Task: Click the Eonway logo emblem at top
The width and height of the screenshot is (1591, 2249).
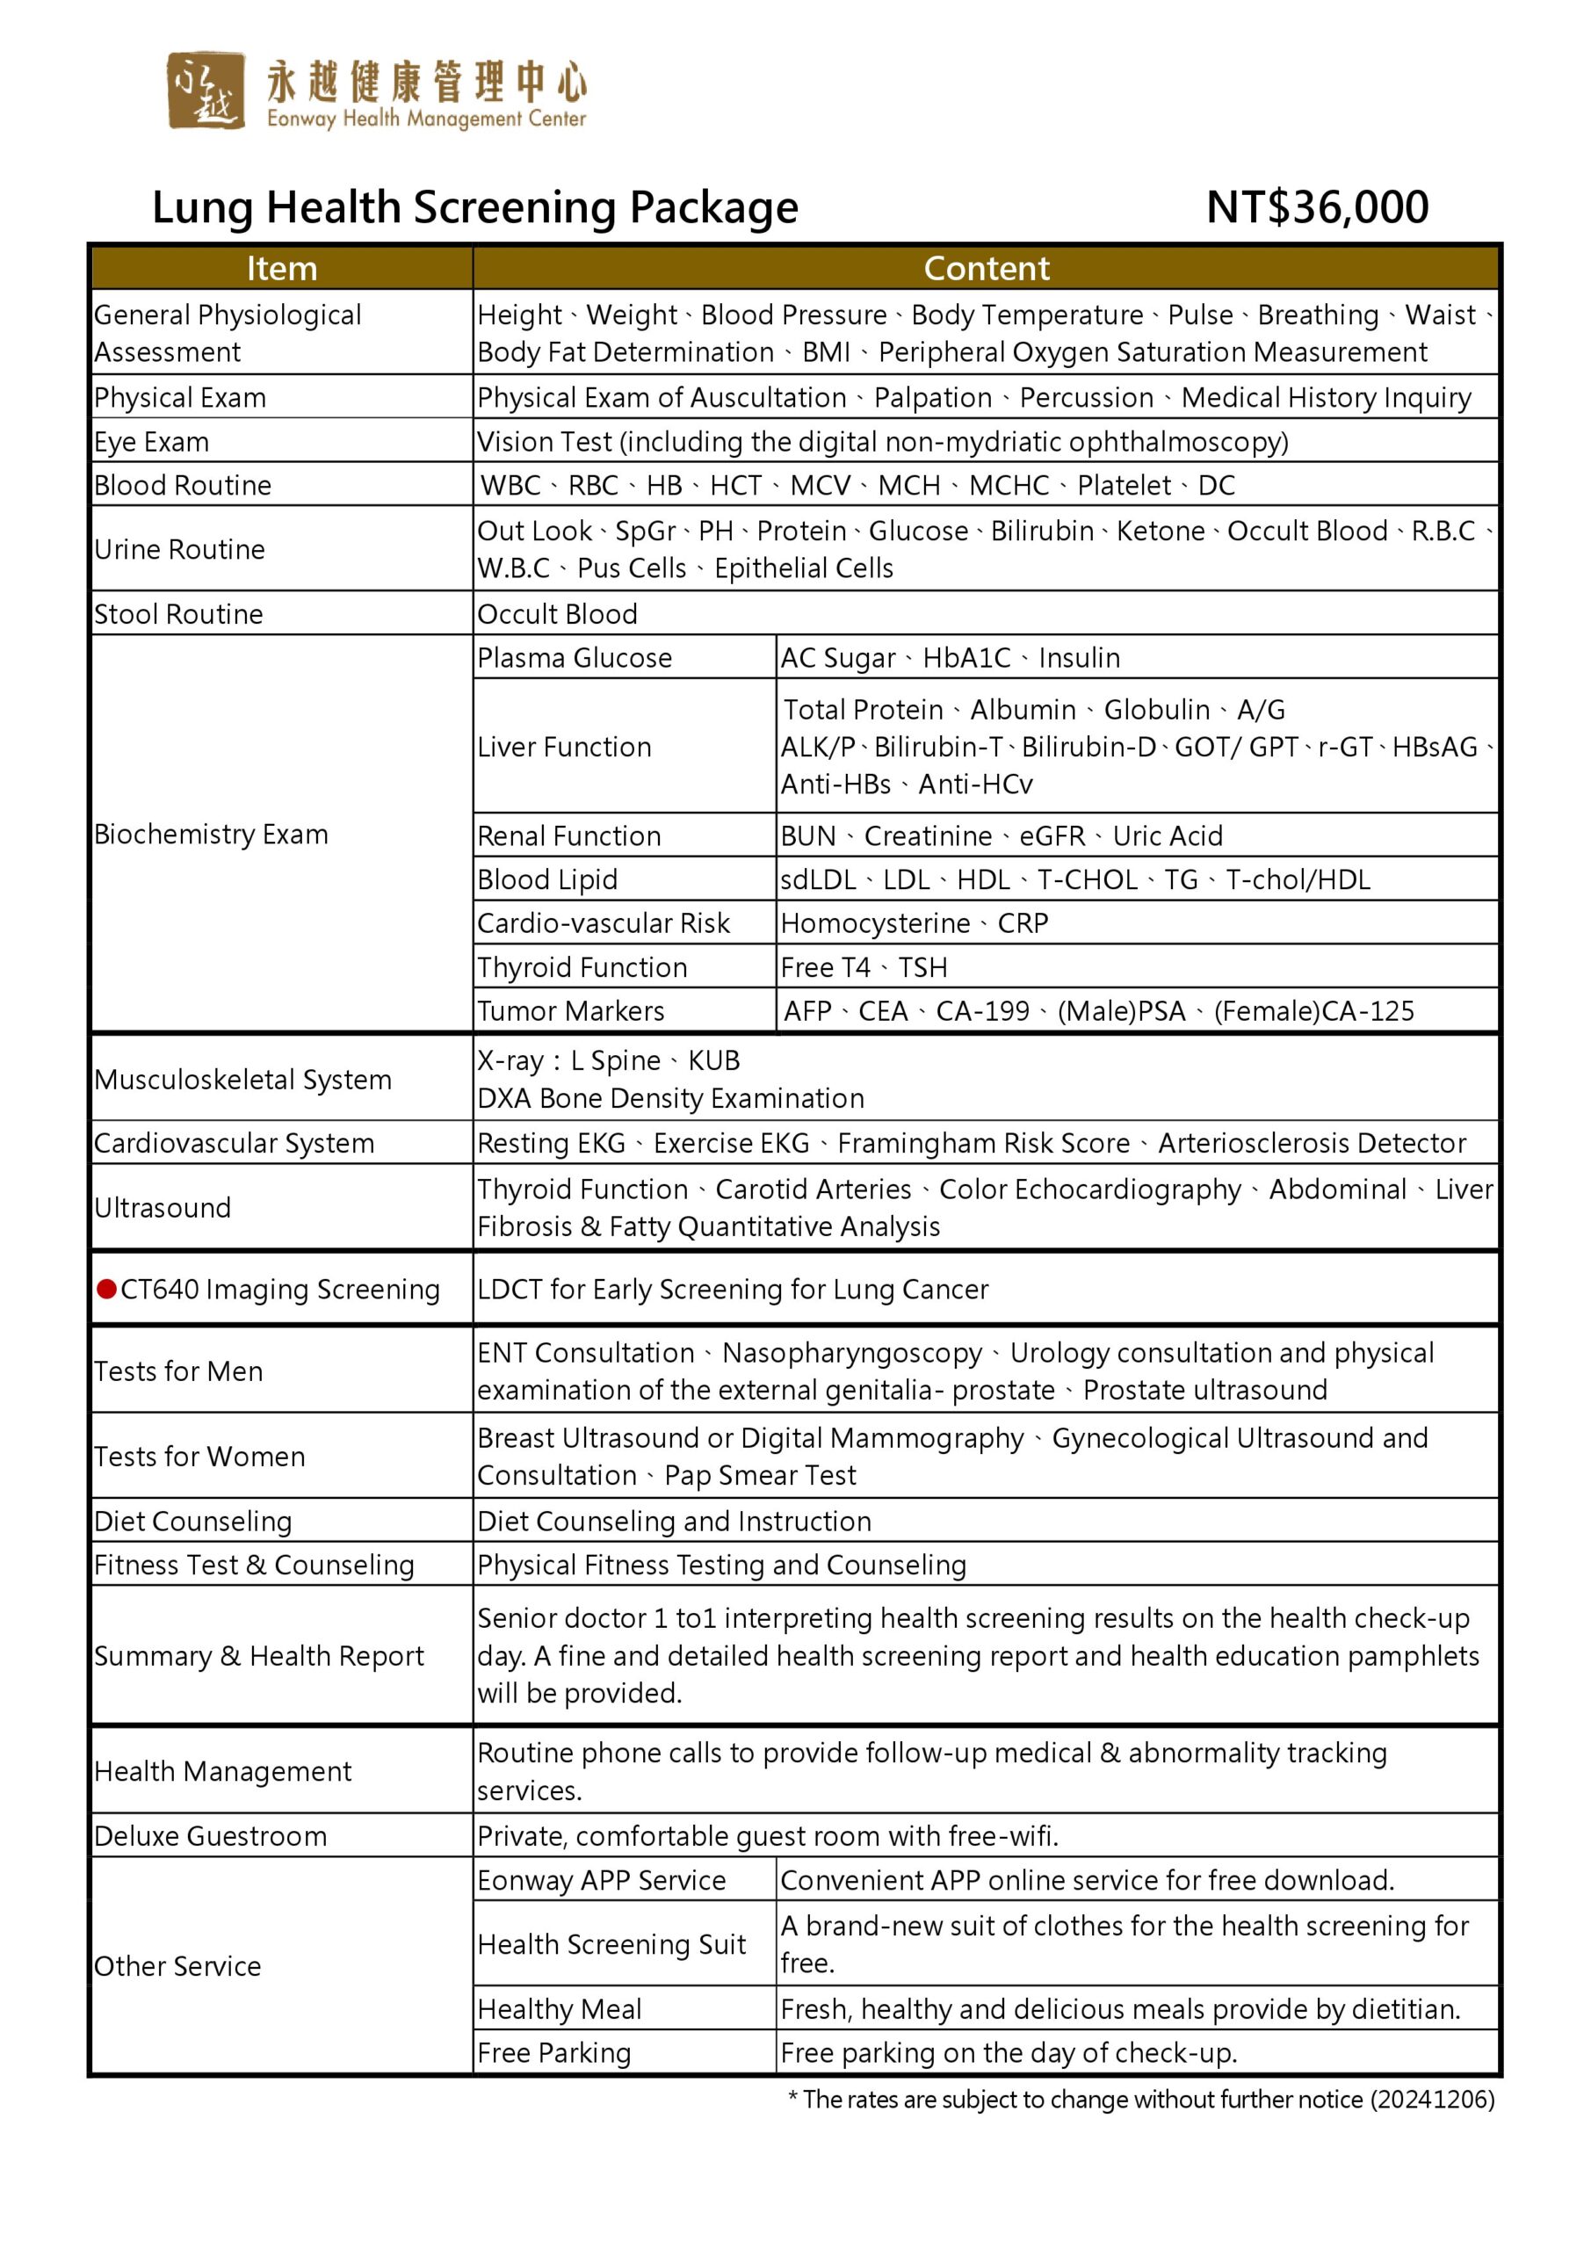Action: pyautogui.click(x=205, y=90)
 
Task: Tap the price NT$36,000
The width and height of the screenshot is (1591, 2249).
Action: pyautogui.click(x=1317, y=206)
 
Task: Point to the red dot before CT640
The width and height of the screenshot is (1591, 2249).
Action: pyautogui.click(x=107, y=1288)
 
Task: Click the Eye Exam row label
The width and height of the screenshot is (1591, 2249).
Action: pyautogui.click(x=152, y=442)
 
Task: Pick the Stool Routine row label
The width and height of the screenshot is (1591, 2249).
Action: pyautogui.click(x=178, y=614)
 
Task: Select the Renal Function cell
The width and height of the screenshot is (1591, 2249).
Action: pyautogui.click(x=568, y=835)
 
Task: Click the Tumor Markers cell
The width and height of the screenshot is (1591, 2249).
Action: pyautogui.click(x=570, y=1011)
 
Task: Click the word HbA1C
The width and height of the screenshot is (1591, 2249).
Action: pyautogui.click(x=966, y=658)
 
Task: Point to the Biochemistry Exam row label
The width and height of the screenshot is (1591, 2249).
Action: pyautogui.click(x=211, y=835)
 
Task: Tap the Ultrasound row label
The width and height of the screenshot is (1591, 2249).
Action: pyautogui.click(x=163, y=1208)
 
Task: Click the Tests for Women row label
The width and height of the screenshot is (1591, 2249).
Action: pyautogui.click(x=199, y=1457)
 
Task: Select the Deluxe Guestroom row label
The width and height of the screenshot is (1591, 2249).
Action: pyautogui.click(x=211, y=1835)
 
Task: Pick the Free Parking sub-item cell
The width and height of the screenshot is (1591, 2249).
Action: pyautogui.click(x=553, y=2053)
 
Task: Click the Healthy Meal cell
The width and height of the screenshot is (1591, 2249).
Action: pyautogui.click(x=560, y=2009)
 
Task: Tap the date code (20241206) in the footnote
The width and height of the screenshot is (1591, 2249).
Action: pyautogui.click(x=1431, y=2099)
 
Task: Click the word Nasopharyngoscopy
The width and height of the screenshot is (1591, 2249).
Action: pyautogui.click(x=851, y=1353)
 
